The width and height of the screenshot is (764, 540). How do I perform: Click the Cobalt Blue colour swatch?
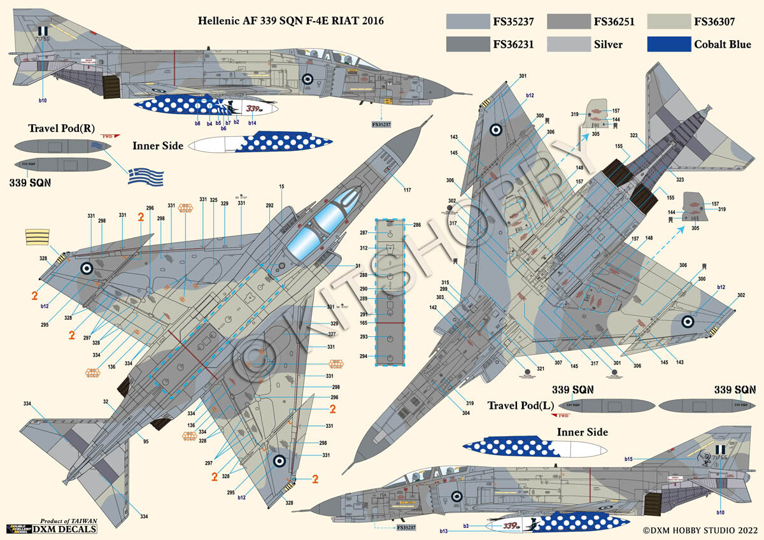pos(668,44)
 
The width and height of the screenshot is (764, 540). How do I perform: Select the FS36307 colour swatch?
pos(668,21)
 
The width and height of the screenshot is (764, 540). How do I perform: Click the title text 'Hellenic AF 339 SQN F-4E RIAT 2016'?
pos(292,21)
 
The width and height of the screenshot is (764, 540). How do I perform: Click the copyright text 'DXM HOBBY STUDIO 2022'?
pos(701,529)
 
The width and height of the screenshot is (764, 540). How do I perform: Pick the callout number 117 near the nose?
pos(407,189)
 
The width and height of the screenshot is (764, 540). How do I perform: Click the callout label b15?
pos(628,458)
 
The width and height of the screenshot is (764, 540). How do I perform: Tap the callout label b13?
pos(443,530)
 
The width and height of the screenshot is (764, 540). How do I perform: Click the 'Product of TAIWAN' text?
pos(68,521)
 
